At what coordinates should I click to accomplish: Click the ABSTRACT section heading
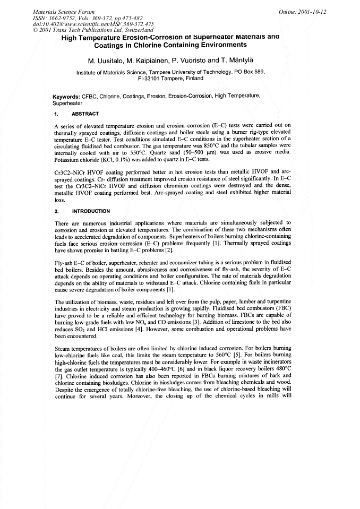pos(84,114)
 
